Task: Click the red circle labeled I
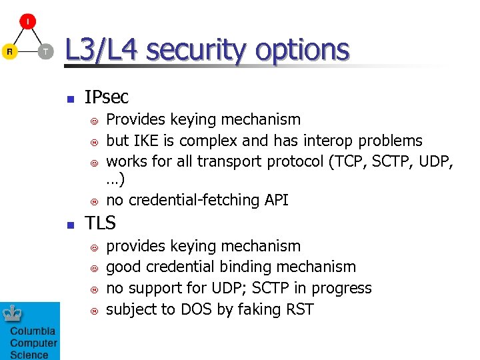click(x=27, y=22)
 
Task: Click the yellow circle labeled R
click(x=9, y=51)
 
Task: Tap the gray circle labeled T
click(x=45, y=51)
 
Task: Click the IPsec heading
click(x=107, y=97)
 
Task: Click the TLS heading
click(x=100, y=223)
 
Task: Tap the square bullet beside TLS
click(x=69, y=225)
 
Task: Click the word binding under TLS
click(x=255, y=267)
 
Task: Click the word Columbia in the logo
click(x=33, y=332)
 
